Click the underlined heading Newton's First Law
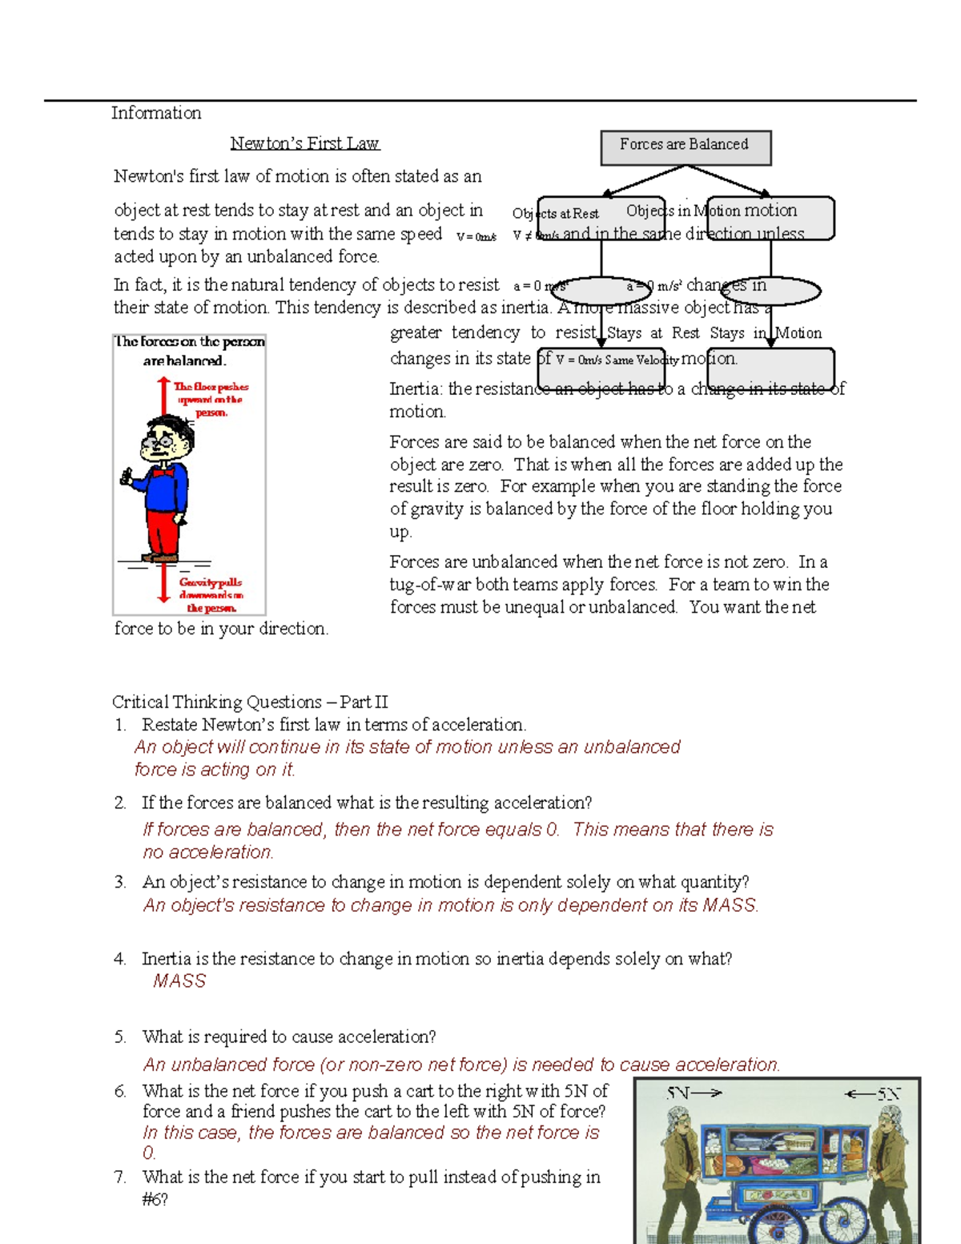coord(304,143)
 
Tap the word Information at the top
coord(156,113)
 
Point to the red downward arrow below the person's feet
coord(163,583)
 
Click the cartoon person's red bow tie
coord(164,473)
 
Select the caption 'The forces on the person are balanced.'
coord(189,351)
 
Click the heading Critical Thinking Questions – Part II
coord(250,703)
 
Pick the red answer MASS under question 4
coord(179,981)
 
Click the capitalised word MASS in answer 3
coord(729,906)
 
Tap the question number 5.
coord(119,1037)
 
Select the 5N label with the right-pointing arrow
coord(694,1093)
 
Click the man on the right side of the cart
coord(889,1170)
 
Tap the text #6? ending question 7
coord(155,1200)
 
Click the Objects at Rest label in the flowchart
coord(556,214)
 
